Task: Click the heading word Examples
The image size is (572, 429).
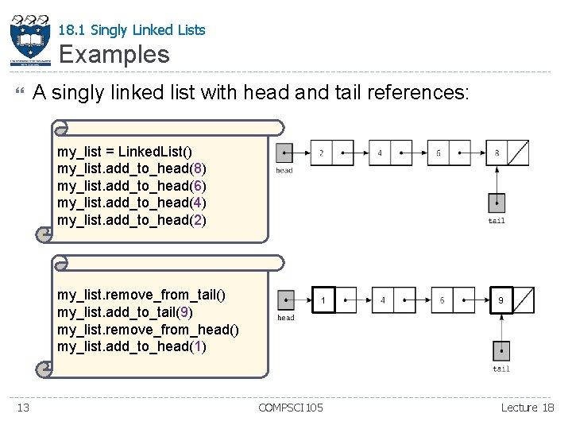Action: point(114,54)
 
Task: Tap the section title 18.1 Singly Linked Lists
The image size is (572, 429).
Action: point(132,30)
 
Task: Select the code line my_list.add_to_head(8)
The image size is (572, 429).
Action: point(132,168)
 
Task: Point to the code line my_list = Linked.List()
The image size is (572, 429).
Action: point(125,150)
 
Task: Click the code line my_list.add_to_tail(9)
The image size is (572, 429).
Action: point(125,312)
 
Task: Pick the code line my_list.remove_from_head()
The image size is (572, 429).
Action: point(148,330)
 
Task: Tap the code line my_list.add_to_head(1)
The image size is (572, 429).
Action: point(132,347)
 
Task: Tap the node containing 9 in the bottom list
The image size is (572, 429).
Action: point(512,300)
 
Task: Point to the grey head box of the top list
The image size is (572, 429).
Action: point(284,153)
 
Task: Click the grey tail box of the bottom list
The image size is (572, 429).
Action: point(501,350)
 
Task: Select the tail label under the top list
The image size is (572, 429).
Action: point(497,221)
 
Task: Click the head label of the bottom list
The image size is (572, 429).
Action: point(286,318)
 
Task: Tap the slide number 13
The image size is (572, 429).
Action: point(24,408)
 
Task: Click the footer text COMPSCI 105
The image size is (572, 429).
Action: point(291,408)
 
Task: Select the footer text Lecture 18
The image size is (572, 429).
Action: point(528,408)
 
